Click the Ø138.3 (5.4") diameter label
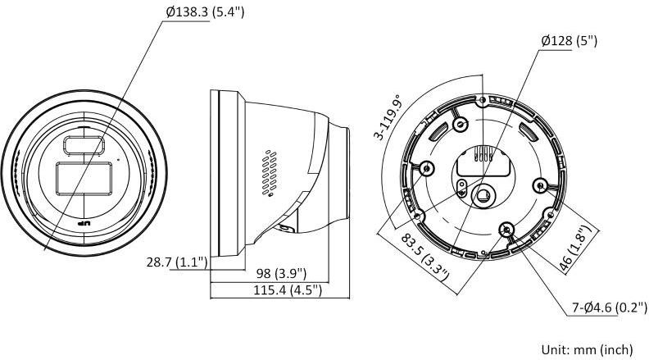click(x=206, y=12)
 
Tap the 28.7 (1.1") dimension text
click(x=177, y=262)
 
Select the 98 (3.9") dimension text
click(x=281, y=273)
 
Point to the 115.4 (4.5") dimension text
click(x=288, y=289)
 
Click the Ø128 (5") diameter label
click(x=570, y=41)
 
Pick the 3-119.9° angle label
click(x=388, y=118)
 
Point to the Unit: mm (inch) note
click(x=588, y=349)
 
